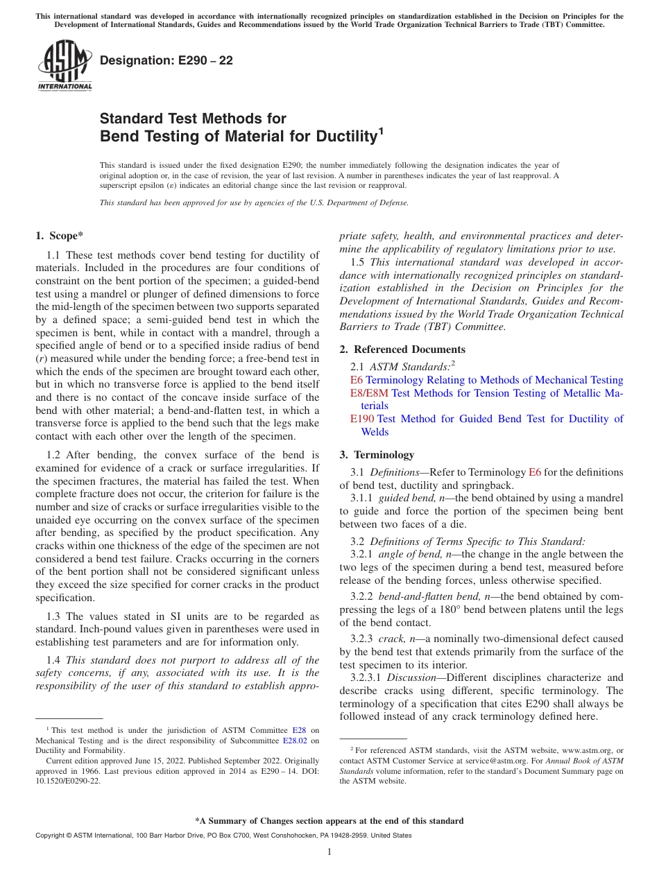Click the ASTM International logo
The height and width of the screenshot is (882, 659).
pyautogui.click(x=65, y=65)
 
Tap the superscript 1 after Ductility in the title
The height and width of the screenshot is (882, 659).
pyautogui.click(x=380, y=129)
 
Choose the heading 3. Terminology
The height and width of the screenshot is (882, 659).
pyautogui.click(x=377, y=455)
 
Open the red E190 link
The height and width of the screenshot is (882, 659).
pyautogui.click(x=361, y=419)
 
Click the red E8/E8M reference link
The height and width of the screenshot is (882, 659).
pyautogui.click(x=370, y=393)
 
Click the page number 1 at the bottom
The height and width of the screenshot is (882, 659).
pyautogui.click(x=329, y=852)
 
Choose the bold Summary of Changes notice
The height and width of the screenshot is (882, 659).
pyautogui.click(x=329, y=821)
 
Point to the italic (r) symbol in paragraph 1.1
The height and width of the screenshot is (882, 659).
pyautogui.click(x=42, y=358)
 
